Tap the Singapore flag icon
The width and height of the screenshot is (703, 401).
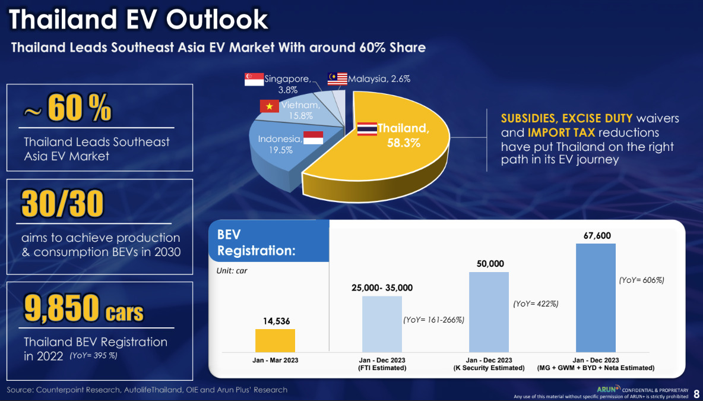[254, 79]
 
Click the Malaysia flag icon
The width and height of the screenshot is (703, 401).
[337, 78]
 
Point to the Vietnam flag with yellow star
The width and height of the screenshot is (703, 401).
[269, 106]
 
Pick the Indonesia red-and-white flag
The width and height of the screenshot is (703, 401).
[313, 138]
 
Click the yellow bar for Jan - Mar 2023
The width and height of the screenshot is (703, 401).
[275, 340]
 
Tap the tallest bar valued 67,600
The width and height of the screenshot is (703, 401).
[596, 297]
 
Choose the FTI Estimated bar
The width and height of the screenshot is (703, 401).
[382, 324]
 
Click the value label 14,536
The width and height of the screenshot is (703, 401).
[275, 321]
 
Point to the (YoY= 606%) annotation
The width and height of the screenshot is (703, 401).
[641, 280]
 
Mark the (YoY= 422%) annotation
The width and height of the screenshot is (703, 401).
[536, 304]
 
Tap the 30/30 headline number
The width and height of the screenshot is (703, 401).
[62, 204]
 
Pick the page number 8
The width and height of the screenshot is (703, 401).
[696, 394]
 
